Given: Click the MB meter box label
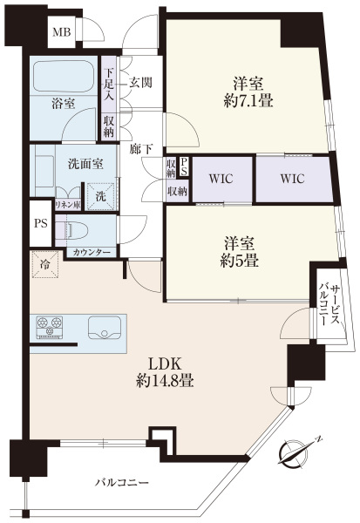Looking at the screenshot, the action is click(x=62, y=32).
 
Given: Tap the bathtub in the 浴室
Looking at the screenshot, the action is click(x=65, y=76).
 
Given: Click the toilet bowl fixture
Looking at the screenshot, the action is click(x=77, y=231).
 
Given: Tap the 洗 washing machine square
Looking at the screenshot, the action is click(x=101, y=196).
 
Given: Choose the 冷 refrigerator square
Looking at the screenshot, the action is click(x=45, y=264).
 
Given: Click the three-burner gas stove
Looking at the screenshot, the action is click(x=50, y=327).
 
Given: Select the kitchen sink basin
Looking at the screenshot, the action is click(x=105, y=327).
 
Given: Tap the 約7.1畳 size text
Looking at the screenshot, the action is click(x=248, y=100).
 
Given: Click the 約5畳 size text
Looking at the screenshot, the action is click(x=240, y=260).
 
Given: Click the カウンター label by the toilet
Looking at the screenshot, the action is click(x=91, y=253).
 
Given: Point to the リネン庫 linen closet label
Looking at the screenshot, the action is click(x=68, y=205).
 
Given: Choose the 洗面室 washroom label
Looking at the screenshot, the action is click(x=85, y=164).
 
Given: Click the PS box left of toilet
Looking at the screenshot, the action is click(x=41, y=223).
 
